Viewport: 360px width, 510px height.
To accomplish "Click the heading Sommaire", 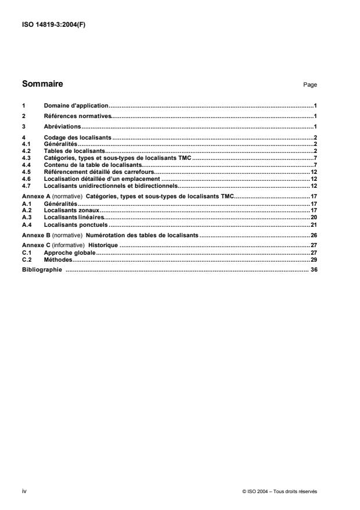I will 42,84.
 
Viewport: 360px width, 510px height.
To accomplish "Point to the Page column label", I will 310,85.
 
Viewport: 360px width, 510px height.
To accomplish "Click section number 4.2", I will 26,151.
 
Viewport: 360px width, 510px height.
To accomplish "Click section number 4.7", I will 26,187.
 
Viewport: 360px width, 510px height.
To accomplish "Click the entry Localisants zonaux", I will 72,210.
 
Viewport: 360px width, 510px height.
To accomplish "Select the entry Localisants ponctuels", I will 76,224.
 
